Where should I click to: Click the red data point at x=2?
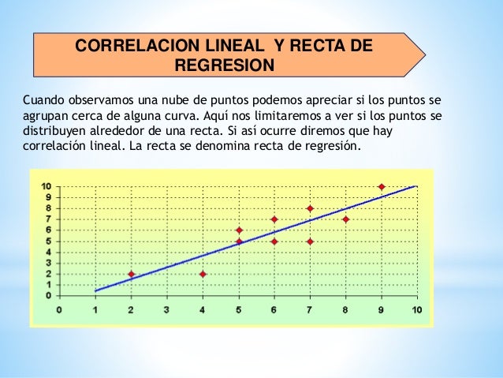point(131,275)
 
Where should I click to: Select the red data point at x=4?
point(203,275)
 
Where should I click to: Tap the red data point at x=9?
point(382,187)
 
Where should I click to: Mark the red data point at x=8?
point(345,219)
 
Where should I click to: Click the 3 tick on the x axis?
point(166,310)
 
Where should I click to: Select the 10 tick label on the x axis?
point(416,310)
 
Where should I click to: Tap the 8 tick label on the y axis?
point(48,208)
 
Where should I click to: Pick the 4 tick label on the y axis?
point(48,252)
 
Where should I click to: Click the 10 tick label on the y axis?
point(47,186)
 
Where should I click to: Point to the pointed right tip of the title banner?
point(425,54)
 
